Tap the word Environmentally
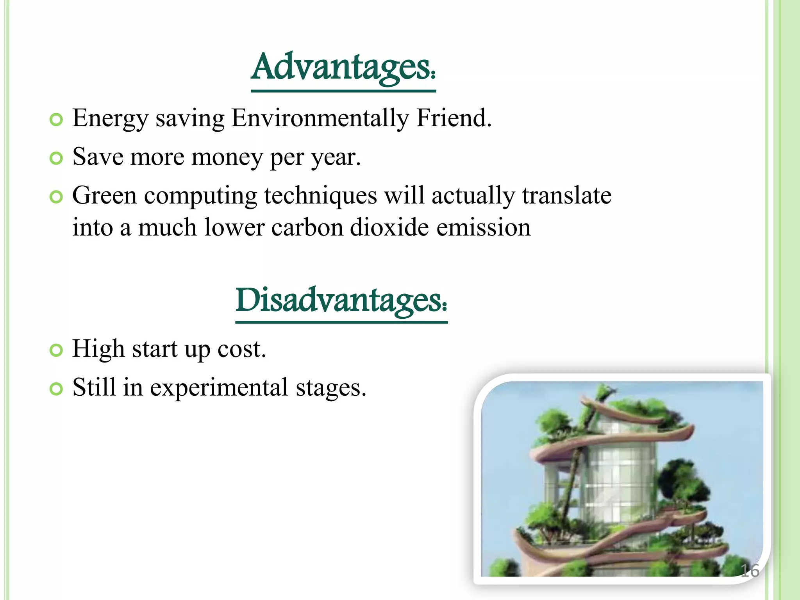(x=320, y=118)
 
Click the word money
(x=227, y=157)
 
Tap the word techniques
(x=320, y=196)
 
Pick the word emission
(x=483, y=227)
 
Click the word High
(x=98, y=349)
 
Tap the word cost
(x=241, y=349)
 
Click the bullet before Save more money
(x=57, y=158)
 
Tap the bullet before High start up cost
(x=57, y=350)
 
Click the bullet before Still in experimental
(x=57, y=389)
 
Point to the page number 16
(x=750, y=571)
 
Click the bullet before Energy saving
(x=57, y=120)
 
